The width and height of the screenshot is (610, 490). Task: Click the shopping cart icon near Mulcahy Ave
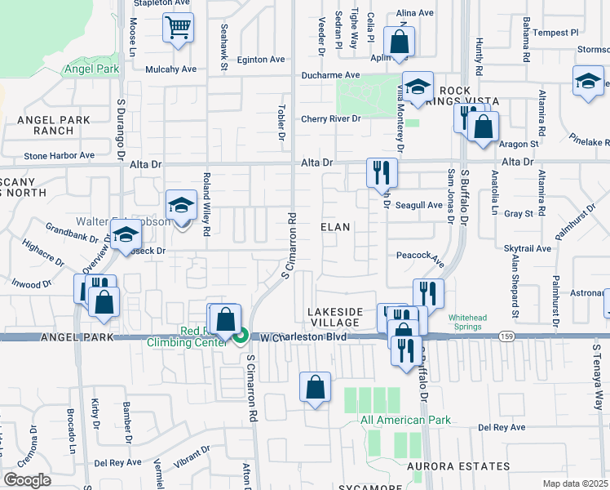[x=178, y=29]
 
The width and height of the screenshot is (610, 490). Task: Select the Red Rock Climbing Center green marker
[x=241, y=336]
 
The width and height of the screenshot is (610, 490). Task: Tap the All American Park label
[x=405, y=420]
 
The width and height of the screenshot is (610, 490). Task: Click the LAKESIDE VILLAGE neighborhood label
[x=334, y=318]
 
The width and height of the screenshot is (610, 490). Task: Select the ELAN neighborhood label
[x=335, y=227]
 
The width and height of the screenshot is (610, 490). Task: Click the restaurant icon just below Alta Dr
[x=381, y=171]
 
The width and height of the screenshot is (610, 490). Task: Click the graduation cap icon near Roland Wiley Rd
[x=181, y=206]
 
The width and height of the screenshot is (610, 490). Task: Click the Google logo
[x=27, y=479]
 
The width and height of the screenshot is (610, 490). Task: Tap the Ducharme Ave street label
[x=330, y=74]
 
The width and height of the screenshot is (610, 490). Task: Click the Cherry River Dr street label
[x=330, y=118]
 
